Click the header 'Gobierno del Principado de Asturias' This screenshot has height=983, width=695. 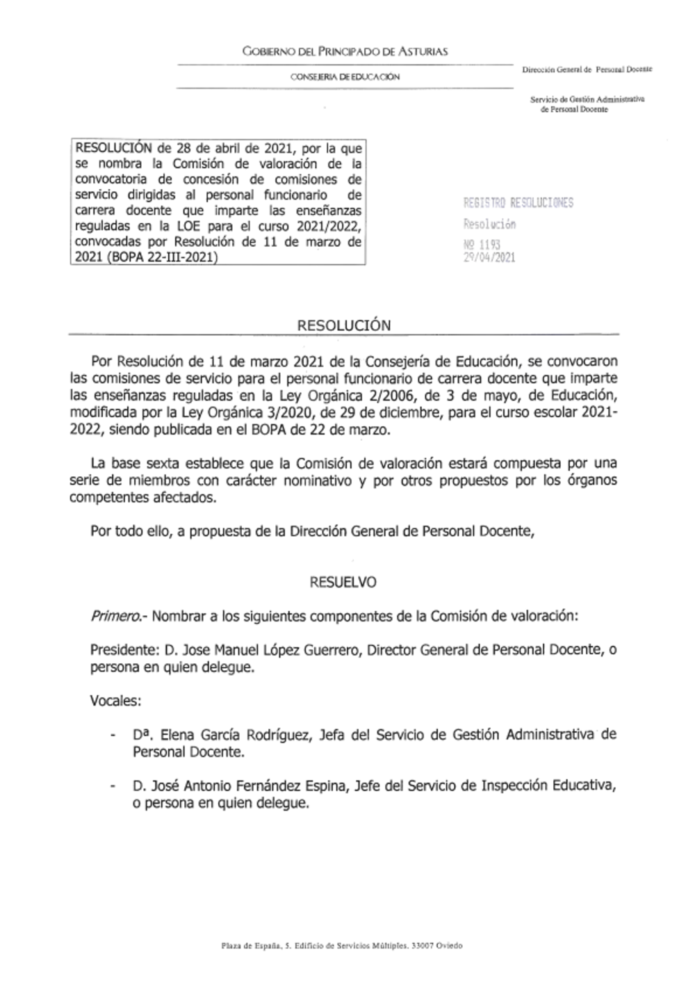coord(345,51)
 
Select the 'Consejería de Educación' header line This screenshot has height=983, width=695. coord(345,76)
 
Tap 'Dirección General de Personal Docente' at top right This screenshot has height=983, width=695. coord(587,70)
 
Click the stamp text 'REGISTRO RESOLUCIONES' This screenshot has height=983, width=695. coord(518,203)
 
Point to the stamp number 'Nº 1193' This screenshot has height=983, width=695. coord(482,245)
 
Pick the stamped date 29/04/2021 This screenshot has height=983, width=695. coord(489,257)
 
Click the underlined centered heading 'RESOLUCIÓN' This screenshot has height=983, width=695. coord(344,325)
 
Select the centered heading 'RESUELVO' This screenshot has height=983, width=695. coord(343,583)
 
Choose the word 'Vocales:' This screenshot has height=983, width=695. coord(115,701)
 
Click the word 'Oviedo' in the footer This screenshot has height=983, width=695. coord(450,945)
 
